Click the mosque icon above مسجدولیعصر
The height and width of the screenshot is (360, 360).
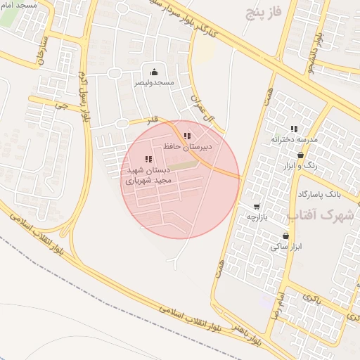click(154, 72)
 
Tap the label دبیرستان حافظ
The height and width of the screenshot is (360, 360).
click(187, 148)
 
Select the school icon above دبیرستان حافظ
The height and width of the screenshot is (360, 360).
click(186, 136)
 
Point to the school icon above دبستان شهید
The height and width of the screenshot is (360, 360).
click(148, 160)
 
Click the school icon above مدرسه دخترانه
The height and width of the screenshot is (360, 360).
click(294, 129)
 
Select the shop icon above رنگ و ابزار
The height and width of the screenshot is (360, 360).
click(301, 155)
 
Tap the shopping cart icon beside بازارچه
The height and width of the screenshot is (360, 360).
click(257, 207)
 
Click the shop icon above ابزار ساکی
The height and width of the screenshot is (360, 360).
click(285, 236)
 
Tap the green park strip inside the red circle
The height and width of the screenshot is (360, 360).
click(182, 166)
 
